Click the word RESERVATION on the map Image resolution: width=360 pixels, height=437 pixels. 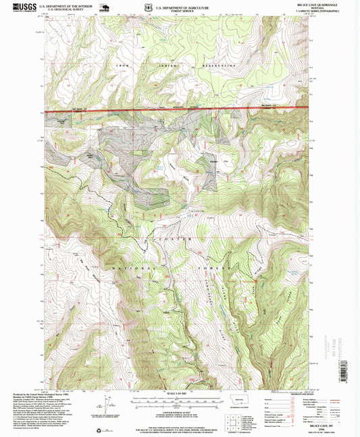[x=214, y=66]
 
